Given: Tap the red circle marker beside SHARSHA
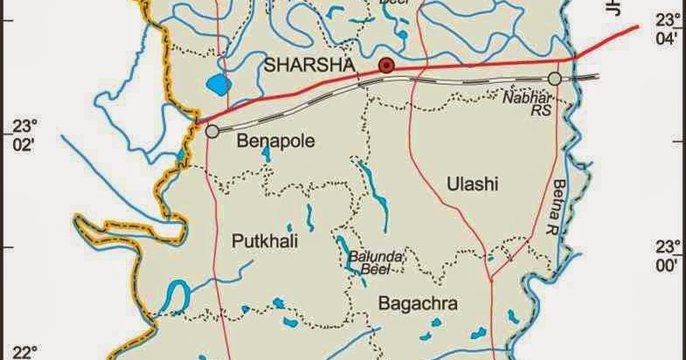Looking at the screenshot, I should [x=385, y=66].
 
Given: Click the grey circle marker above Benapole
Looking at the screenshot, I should [x=212, y=131].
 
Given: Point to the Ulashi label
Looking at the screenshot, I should [x=471, y=183].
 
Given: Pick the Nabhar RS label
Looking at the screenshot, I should [x=527, y=104].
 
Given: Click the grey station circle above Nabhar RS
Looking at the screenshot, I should [x=554, y=80].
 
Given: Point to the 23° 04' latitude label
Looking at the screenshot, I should [x=668, y=30].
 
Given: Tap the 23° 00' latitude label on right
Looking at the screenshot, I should [x=668, y=254].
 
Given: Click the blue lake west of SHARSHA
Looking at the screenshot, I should [x=218, y=85].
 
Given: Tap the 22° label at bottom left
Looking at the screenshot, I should [x=20, y=352].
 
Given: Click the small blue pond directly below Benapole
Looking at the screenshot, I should [x=266, y=155].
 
